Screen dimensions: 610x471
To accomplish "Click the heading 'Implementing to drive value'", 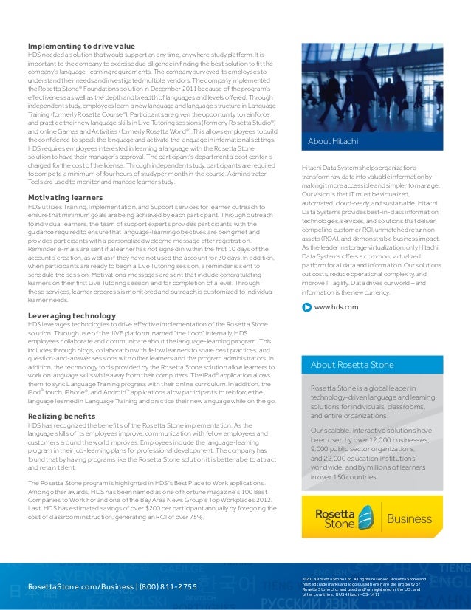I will coord(81,46).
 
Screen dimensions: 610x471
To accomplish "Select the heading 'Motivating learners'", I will coord(65,198).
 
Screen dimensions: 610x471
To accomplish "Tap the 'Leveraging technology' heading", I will coord(72,315).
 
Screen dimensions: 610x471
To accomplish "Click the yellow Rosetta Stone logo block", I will coord(343,518).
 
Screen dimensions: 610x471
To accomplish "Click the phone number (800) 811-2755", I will coord(169,587).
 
